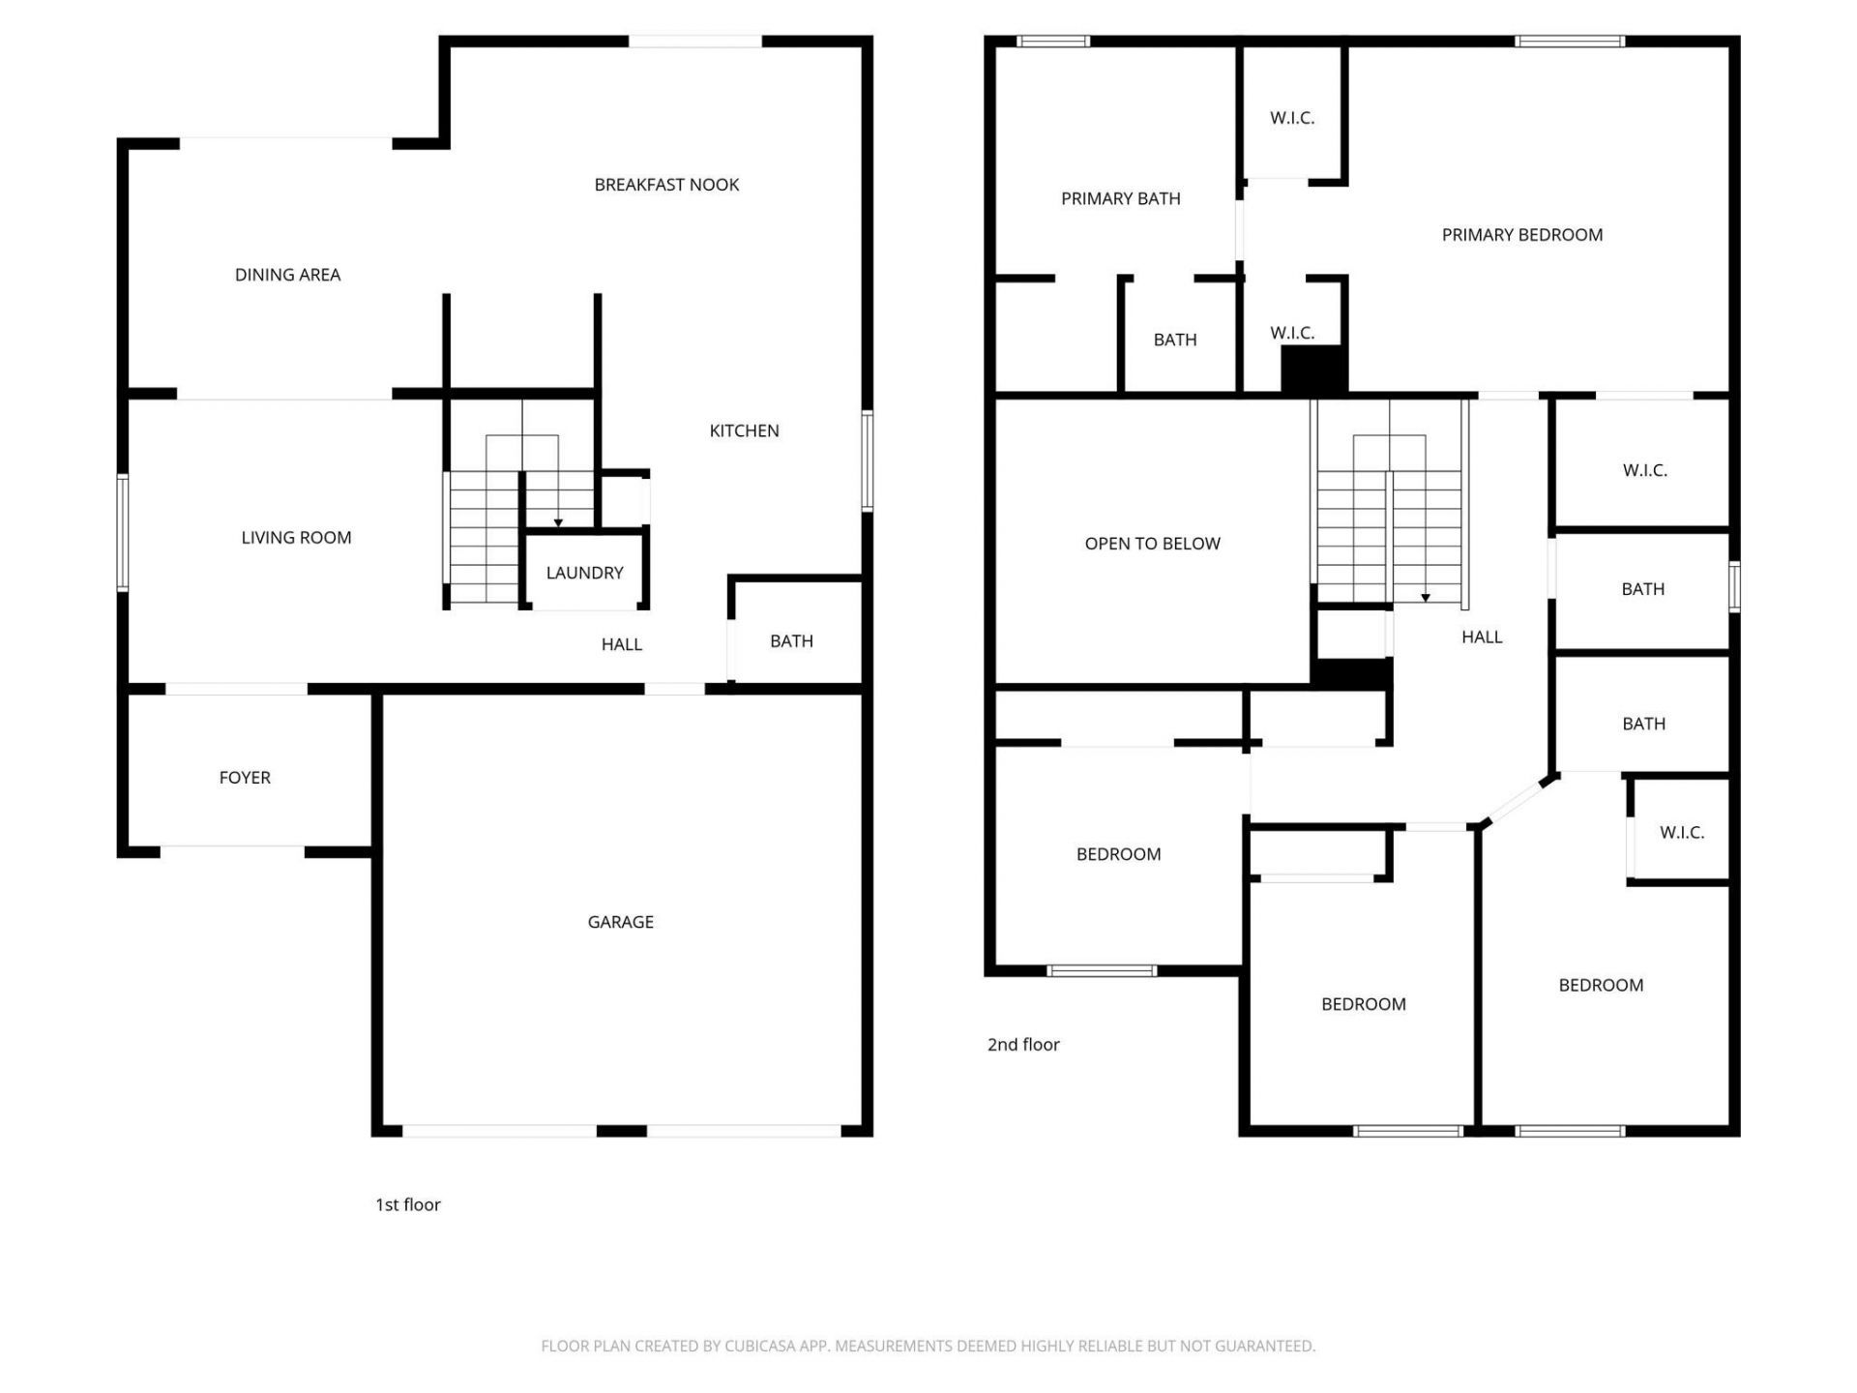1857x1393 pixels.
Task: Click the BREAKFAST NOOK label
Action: (666, 185)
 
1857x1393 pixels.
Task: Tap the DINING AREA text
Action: (287, 275)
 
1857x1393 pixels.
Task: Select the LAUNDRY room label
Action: (584, 573)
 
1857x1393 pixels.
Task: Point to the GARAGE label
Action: (620, 922)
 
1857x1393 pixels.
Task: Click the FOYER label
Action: (245, 778)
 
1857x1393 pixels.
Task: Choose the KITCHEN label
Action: (744, 430)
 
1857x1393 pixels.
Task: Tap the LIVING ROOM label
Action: (296, 538)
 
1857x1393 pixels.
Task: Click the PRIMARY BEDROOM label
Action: (1521, 235)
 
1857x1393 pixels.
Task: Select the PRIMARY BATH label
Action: (1120, 199)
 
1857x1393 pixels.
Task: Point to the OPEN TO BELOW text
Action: (1152, 544)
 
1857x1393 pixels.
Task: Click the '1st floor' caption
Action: (407, 1204)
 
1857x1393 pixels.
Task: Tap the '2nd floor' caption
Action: (1022, 1045)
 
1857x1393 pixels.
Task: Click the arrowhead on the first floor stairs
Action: (558, 523)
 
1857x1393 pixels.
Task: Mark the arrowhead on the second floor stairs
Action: (1425, 598)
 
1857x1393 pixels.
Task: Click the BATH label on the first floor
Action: (791, 641)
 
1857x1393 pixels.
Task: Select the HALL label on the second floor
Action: (1481, 637)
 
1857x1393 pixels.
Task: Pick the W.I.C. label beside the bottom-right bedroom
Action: (1681, 832)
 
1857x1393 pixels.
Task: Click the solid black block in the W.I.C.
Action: (1313, 369)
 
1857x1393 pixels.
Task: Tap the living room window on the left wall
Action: (123, 532)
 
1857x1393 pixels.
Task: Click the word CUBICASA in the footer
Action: (759, 1346)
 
